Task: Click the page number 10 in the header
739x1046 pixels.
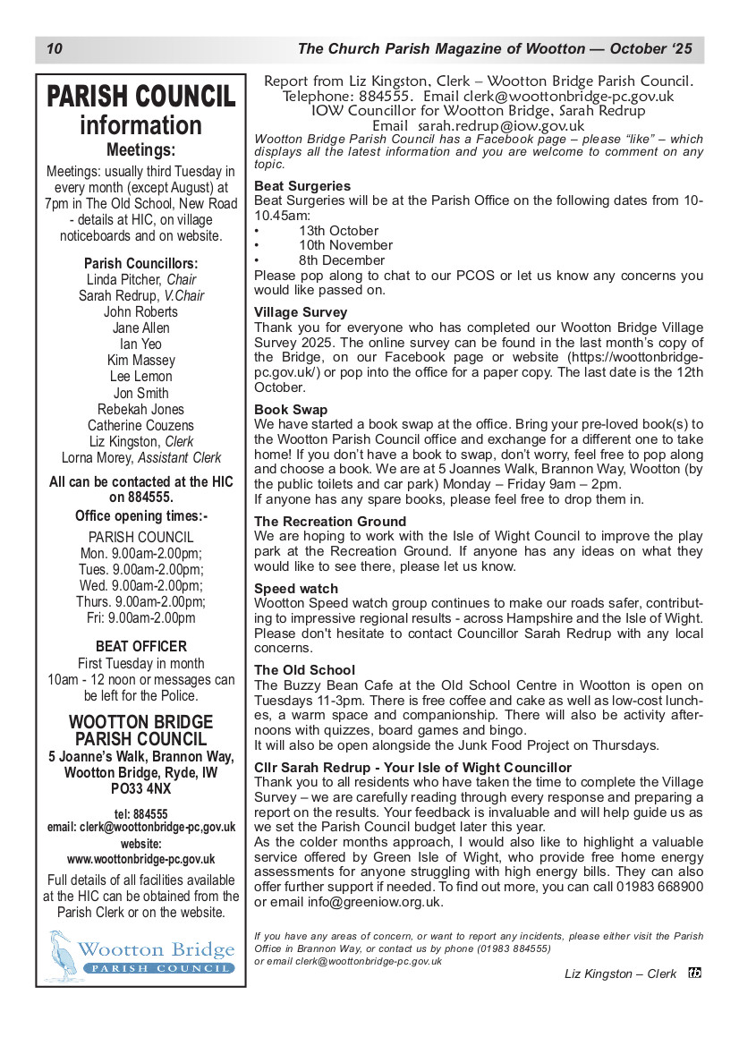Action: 54,48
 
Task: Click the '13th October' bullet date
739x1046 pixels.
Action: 338,230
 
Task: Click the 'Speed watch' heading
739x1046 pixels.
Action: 296,589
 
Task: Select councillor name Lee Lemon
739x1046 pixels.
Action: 140,377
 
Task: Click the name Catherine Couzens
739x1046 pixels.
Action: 140,425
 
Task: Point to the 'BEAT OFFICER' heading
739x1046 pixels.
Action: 141,646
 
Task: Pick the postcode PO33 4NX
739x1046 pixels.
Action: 140,789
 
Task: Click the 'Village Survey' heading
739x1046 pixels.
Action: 301,312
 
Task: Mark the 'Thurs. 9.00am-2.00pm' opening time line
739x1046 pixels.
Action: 140,601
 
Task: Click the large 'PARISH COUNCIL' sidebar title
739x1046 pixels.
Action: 140,97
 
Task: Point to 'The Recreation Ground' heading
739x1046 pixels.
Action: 330,521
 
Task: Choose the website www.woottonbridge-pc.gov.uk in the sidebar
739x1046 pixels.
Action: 140,859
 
